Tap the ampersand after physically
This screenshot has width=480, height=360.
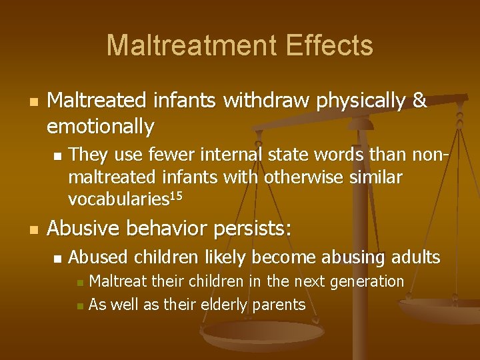tap(419, 101)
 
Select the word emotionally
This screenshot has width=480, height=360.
tap(101, 125)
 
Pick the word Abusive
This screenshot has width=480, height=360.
tap(83, 229)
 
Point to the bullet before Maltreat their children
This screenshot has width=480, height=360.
tap(80, 283)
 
